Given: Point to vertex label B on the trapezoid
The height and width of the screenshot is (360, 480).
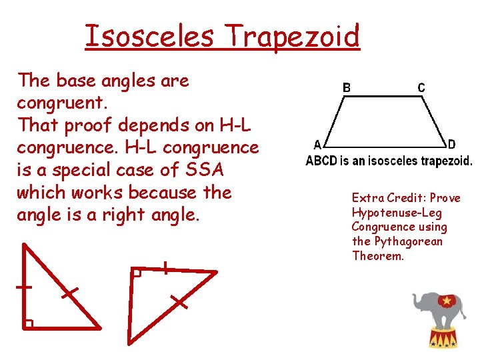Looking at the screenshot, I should (x=347, y=87).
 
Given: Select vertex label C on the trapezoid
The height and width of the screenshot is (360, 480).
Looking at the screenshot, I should (x=421, y=87).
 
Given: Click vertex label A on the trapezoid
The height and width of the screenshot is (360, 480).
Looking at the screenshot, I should (x=318, y=145).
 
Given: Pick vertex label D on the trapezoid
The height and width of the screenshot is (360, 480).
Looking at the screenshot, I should (x=452, y=145).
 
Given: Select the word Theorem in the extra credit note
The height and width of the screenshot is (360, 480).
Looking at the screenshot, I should (x=378, y=256).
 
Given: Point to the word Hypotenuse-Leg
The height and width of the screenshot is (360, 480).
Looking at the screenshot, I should (x=397, y=213).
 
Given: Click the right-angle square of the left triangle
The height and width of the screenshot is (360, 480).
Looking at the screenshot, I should (x=28, y=324).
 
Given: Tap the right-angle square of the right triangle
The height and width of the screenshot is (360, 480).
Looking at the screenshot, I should (x=137, y=273).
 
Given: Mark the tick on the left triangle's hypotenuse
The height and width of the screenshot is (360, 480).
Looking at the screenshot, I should (x=68, y=293).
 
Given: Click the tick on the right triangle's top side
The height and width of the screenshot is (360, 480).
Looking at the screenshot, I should (x=164, y=268).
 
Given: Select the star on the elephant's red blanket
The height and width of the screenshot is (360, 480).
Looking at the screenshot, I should (x=443, y=301).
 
